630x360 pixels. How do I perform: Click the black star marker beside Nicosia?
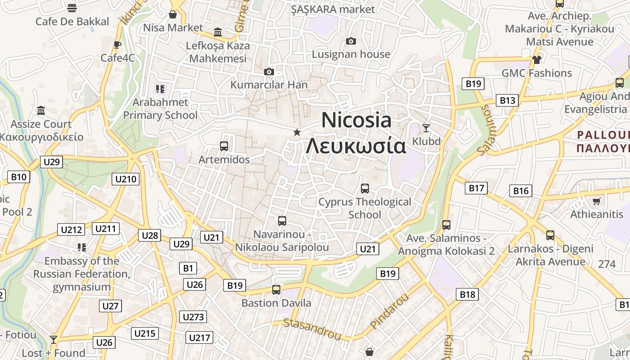pyautogui.click(x=297, y=132)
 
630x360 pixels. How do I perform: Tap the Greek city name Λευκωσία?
pyautogui.click(x=356, y=146)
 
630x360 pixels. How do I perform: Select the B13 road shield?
pyautogui.click(x=507, y=100)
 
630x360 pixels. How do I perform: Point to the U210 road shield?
pyautogui.click(x=126, y=179)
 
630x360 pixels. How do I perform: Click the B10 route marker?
pyautogui.click(x=18, y=177)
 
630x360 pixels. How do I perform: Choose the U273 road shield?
pyautogui.click(x=193, y=317)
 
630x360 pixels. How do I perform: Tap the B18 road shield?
pyautogui.click(x=467, y=295)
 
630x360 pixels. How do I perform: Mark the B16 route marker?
pyautogui.click(x=521, y=191)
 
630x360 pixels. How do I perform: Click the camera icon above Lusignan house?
pyautogui.click(x=351, y=41)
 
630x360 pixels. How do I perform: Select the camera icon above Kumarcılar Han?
pyautogui.click(x=269, y=72)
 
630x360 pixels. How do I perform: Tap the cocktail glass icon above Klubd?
pyautogui.click(x=426, y=128)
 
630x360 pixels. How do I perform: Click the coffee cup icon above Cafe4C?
pyautogui.click(x=117, y=45)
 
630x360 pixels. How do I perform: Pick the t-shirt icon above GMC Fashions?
pyautogui.click(x=536, y=59)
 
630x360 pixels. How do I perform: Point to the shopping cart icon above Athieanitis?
pyautogui.click(x=597, y=201)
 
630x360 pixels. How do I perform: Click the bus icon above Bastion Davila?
pyautogui.click(x=276, y=290)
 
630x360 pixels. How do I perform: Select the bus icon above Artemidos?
pyautogui.click(x=224, y=146)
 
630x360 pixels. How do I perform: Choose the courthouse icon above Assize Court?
pyautogui.click(x=41, y=110)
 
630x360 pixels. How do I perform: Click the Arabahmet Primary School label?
pyautogui.click(x=160, y=108)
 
